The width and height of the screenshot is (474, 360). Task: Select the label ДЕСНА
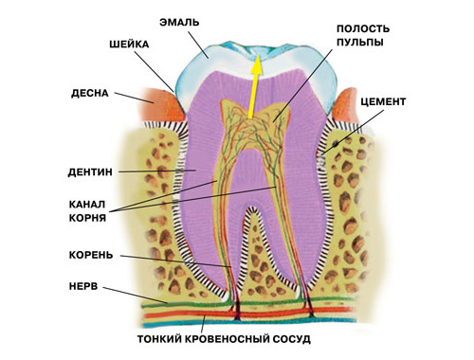click(91, 94)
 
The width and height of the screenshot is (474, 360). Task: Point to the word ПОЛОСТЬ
click(362, 29)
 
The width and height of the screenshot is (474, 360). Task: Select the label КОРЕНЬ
click(93, 255)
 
